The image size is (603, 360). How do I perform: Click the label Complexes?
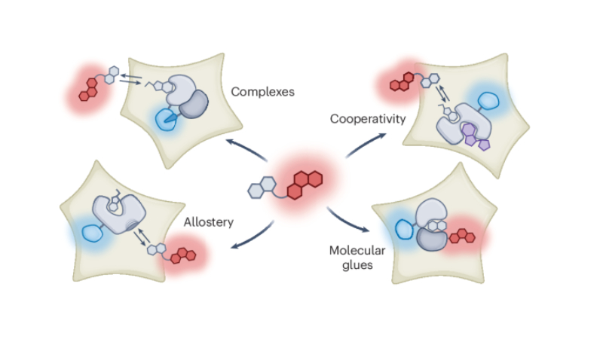262,92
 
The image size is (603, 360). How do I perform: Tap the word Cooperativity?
359,119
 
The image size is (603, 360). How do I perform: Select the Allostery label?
209,222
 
